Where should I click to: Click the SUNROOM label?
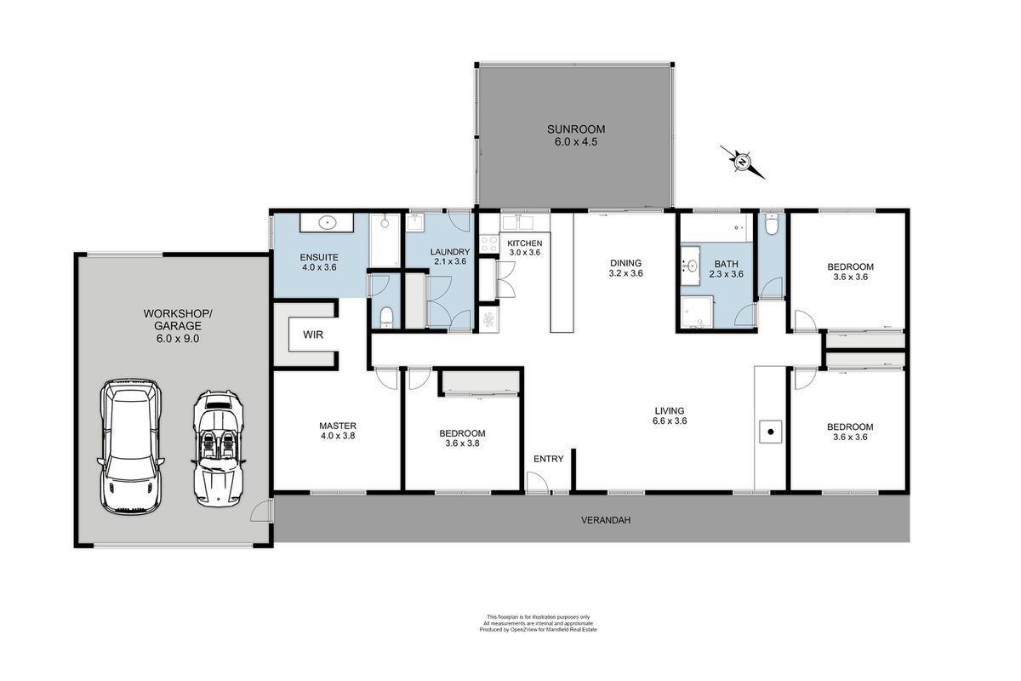(x=576, y=129)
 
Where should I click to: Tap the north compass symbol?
(x=743, y=162)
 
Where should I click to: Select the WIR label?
(x=313, y=335)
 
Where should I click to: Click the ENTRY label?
(x=548, y=459)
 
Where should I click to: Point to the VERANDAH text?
(x=606, y=520)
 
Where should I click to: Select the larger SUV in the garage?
(x=131, y=447)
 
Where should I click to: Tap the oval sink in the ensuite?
(x=328, y=223)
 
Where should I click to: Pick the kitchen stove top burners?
(x=489, y=243)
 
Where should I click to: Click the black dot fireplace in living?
(x=770, y=432)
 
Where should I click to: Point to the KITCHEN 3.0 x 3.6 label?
(x=525, y=248)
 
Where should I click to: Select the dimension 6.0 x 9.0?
(x=178, y=339)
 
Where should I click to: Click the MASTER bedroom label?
(x=337, y=426)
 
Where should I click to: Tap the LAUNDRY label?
(x=450, y=252)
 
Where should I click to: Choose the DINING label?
(x=626, y=263)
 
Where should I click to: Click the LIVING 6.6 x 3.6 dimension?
(x=670, y=421)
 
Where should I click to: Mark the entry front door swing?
(x=538, y=483)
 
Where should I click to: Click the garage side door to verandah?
(x=261, y=511)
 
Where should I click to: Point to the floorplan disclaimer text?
(x=538, y=623)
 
